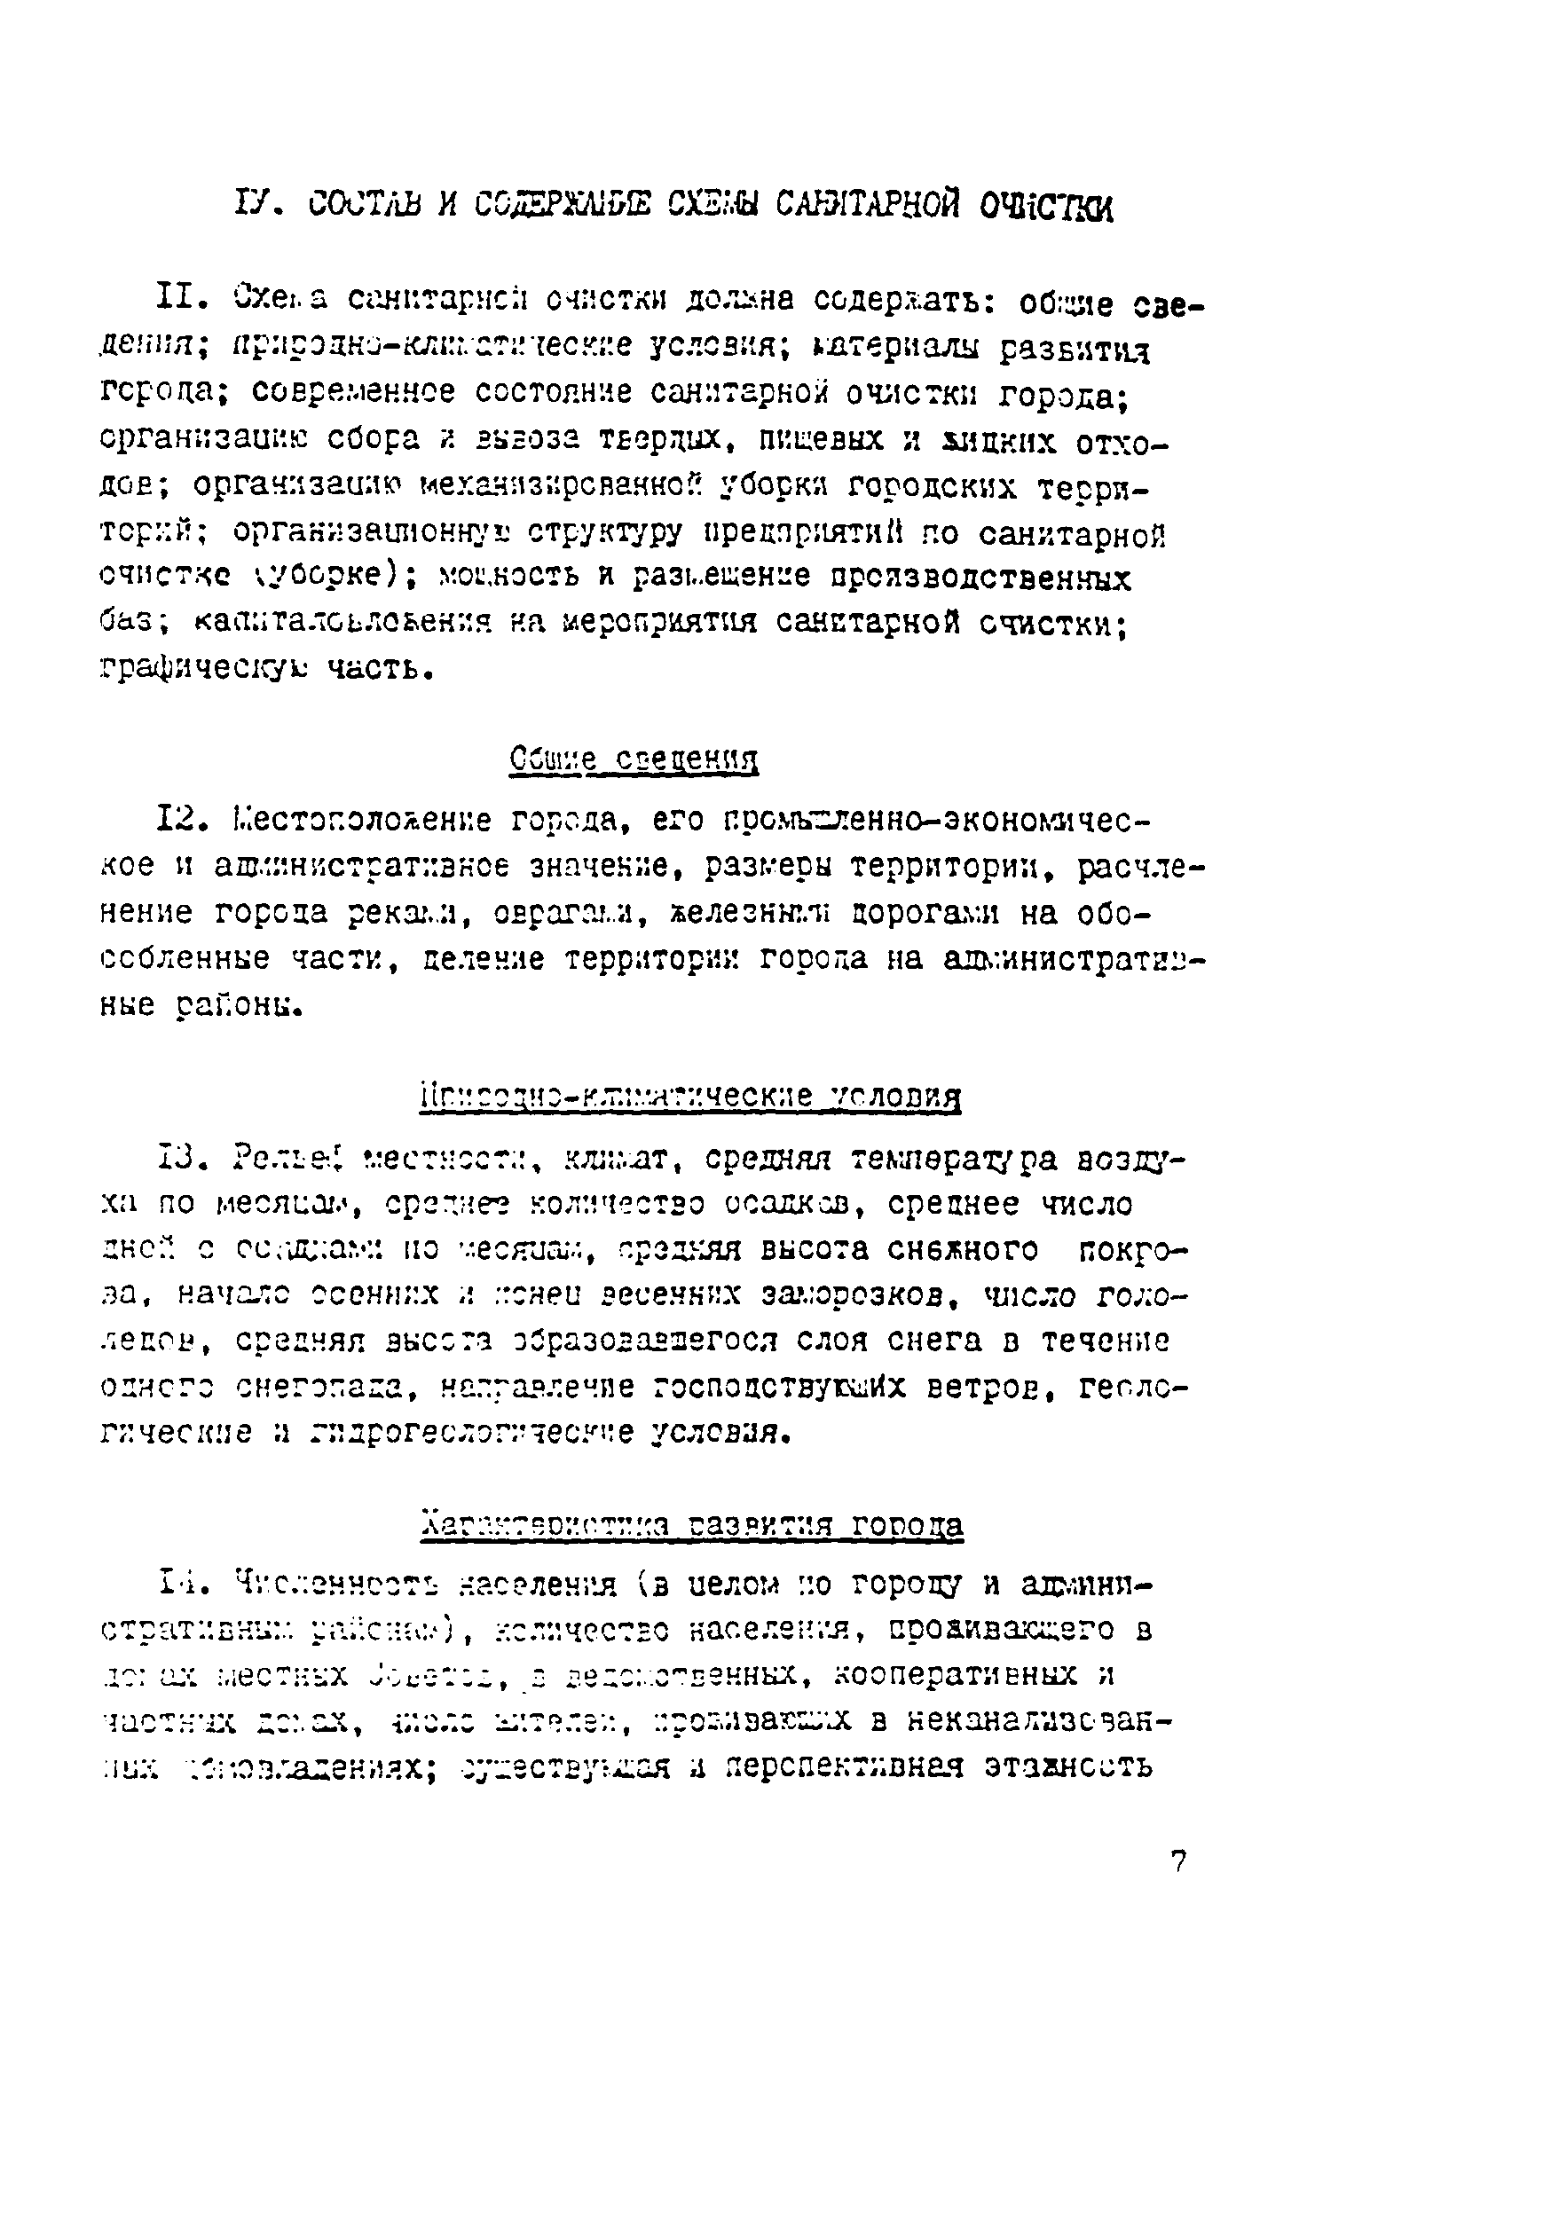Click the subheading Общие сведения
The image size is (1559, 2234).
click(x=634, y=758)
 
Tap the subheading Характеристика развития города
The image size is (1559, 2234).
click(x=693, y=1523)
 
